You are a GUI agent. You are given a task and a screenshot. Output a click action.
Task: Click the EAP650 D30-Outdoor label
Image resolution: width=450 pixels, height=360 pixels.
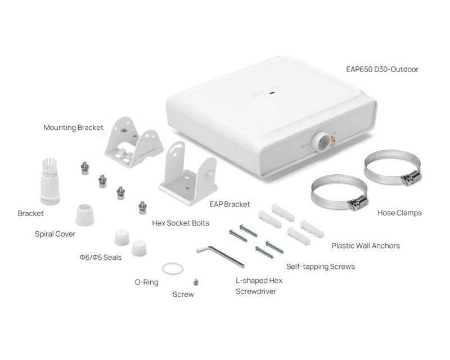[382, 69]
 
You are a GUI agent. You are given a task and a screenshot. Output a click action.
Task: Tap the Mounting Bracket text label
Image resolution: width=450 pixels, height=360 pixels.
[74, 128]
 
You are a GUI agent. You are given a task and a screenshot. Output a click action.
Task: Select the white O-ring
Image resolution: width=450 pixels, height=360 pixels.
[173, 269]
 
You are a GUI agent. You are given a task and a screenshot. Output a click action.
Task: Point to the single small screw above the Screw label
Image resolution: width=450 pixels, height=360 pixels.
[196, 282]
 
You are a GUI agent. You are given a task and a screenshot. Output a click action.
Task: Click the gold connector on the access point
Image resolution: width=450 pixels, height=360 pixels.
[334, 140]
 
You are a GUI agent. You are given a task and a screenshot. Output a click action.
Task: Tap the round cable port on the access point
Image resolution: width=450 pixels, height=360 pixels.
[321, 142]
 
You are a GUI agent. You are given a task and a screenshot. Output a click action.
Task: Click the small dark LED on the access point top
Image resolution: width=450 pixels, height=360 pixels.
[272, 93]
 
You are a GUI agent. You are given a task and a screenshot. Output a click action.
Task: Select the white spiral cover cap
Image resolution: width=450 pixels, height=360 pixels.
[85, 214]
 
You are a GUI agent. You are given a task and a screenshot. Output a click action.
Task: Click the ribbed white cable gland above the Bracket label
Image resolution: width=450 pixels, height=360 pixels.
[50, 181]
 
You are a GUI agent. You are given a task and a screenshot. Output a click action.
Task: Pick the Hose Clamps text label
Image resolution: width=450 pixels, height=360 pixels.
[399, 213]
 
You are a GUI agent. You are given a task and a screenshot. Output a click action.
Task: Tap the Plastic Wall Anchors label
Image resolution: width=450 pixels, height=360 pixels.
[366, 246]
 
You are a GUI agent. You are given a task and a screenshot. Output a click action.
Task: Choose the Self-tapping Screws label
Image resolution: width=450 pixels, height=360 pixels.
[321, 267]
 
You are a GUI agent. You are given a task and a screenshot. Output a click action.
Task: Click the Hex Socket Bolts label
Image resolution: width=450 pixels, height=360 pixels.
[181, 223]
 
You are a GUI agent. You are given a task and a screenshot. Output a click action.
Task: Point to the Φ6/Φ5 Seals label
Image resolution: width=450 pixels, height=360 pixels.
[101, 258]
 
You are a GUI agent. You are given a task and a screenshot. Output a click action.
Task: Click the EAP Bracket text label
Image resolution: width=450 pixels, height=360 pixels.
[229, 204]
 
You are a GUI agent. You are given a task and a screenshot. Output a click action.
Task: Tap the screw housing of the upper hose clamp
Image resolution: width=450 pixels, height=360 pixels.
[412, 177]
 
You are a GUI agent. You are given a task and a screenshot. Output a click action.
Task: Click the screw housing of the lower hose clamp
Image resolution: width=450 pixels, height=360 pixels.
[358, 202]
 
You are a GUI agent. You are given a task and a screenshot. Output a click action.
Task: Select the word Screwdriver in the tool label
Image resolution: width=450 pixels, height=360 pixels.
[256, 291]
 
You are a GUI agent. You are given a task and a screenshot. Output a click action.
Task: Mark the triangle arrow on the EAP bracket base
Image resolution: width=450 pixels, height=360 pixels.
[188, 188]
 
